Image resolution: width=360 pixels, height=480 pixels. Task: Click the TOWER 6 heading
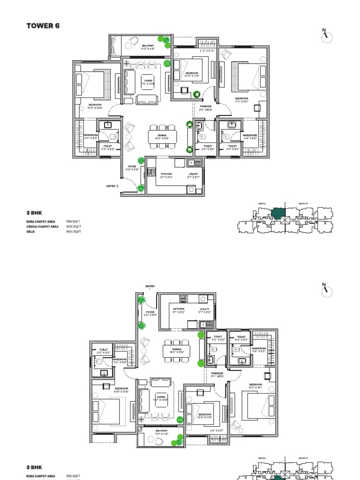pyautogui.click(x=43, y=26)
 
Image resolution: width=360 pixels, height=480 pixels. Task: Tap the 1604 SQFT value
pyautogui.click(x=74, y=232)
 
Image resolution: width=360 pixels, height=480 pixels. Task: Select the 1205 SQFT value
pyautogui.click(x=74, y=226)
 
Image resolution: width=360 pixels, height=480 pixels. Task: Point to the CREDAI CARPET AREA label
pyautogui.click(x=42, y=226)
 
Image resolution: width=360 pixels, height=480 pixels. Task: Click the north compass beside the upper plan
pyautogui.click(x=326, y=37)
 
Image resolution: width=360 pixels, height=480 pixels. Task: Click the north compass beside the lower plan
pyautogui.click(x=326, y=290)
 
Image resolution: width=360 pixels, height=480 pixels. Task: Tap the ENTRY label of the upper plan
pyautogui.click(x=111, y=186)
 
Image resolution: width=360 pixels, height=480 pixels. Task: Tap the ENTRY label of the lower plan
pyautogui.click(x=150, y=286)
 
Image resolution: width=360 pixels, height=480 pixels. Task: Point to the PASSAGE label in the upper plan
pyautogui.click(x=205, y=107)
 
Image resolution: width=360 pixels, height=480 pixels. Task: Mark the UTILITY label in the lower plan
pyautogui.click(x=205, y=310)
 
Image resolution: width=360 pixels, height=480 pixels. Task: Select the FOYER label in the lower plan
pyautogui.click(x=150, y=312)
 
